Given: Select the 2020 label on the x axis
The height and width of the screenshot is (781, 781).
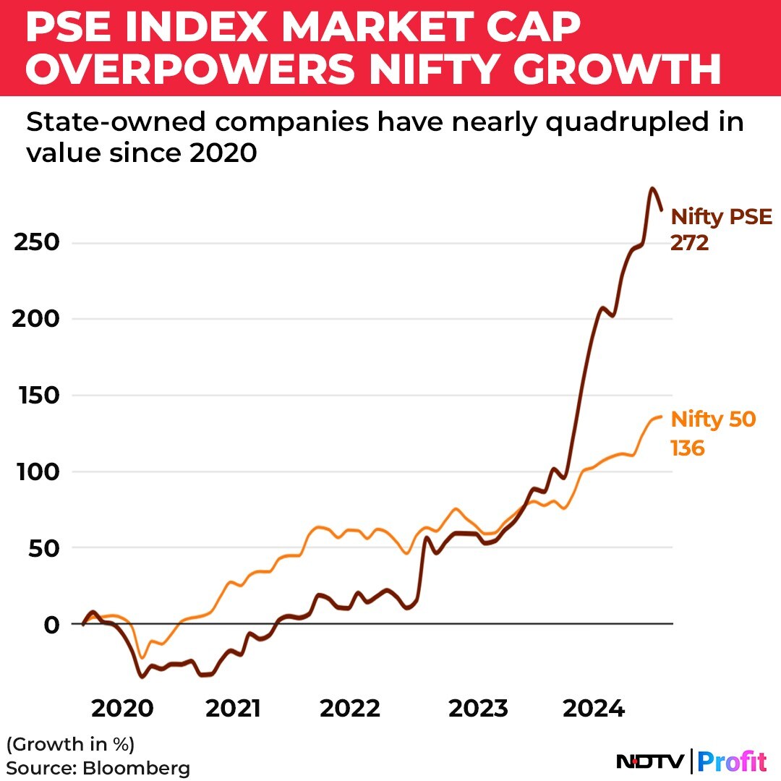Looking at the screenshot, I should point(121,709).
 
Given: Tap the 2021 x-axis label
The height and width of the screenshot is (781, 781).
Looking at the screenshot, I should point(233,709).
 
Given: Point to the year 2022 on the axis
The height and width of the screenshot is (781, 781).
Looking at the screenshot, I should point(350,709).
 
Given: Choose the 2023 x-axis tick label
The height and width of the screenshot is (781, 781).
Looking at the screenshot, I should point(478,709).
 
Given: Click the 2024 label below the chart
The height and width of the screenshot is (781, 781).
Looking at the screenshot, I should point(594,709).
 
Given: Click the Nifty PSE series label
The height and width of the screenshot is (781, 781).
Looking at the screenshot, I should point(722,217).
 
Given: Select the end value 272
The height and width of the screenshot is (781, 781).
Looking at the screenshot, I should point(689,244).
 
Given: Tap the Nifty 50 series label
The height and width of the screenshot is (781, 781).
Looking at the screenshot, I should point(713,419).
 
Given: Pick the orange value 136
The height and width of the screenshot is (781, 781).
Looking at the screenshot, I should point(688,448).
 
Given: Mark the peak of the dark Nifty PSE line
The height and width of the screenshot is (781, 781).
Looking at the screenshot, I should point(652,189).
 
